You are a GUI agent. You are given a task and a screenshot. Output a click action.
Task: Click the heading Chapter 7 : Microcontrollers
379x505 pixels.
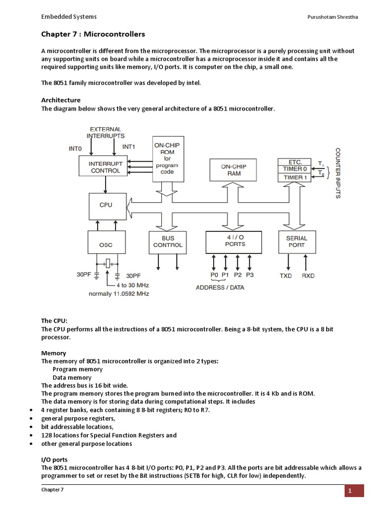93,34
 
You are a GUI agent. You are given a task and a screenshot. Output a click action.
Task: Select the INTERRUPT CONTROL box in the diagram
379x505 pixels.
104,167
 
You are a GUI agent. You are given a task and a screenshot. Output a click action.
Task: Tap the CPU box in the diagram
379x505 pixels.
106,206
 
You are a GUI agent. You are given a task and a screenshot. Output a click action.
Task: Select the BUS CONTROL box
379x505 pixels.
168,242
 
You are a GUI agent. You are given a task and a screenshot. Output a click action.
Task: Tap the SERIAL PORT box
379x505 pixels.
296,242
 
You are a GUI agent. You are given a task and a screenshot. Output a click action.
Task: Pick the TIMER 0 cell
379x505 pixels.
295,169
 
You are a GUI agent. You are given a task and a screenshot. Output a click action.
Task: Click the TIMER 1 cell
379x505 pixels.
295,177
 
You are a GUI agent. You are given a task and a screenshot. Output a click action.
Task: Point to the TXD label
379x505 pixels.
286,276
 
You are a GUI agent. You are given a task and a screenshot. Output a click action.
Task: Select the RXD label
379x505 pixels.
308,276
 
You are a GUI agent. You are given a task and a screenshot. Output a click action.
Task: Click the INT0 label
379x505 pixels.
76,147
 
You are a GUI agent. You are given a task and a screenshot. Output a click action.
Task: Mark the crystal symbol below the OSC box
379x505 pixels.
107,264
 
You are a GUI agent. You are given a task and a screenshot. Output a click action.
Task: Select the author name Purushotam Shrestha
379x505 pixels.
333,17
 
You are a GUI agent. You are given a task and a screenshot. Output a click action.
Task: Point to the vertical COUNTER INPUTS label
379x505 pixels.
338,173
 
